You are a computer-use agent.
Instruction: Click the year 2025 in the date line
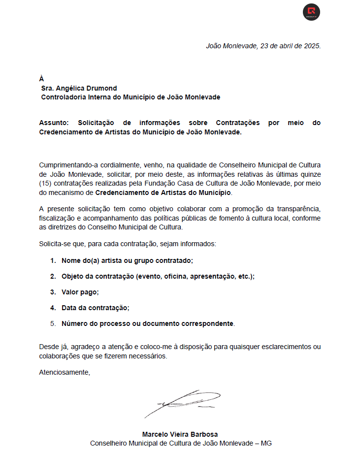coord(312,46)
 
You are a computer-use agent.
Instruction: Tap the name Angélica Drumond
coord(87,88)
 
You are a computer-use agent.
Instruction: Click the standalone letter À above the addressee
coord(41,79)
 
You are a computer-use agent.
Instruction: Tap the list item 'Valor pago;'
coord(80,292)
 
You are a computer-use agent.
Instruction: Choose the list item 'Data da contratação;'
coord(96,308)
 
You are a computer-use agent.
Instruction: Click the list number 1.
coord(53,260)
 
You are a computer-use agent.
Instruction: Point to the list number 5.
coord(53,323)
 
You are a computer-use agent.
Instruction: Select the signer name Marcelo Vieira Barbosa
coord(180,434)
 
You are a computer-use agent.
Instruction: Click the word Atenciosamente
coord(65,372)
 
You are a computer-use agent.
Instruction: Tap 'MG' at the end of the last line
coord(266,443)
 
